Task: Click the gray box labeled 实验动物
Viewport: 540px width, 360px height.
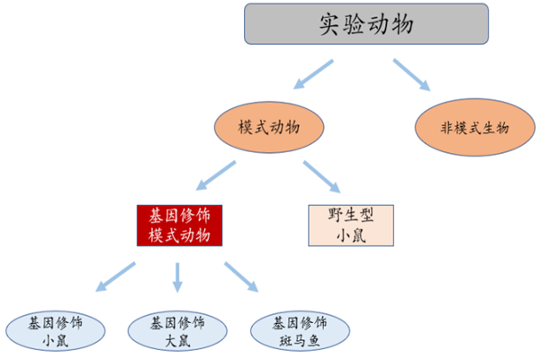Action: coord(367,25)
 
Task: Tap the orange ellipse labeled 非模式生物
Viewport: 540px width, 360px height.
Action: coord(474,128)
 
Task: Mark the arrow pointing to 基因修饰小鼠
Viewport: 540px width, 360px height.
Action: coord(114,278)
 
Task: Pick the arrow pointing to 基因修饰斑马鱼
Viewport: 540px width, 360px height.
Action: coord(241,278)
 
